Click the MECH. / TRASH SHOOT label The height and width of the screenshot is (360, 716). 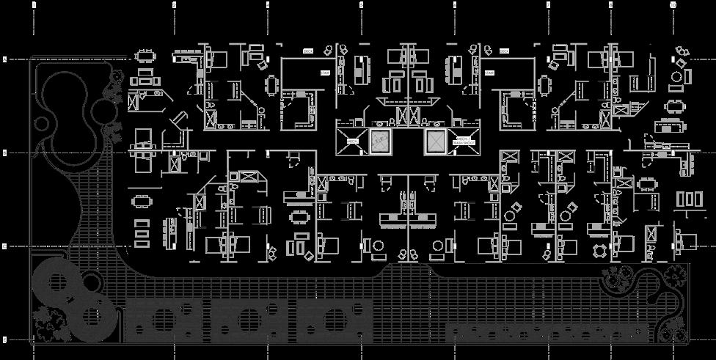464,141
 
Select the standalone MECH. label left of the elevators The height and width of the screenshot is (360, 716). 352,141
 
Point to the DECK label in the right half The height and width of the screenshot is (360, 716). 504,51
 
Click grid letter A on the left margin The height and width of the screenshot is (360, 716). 5,59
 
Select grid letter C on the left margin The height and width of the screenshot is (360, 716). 5,153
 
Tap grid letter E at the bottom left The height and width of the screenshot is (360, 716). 5,339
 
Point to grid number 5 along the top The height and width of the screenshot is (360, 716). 361,4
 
